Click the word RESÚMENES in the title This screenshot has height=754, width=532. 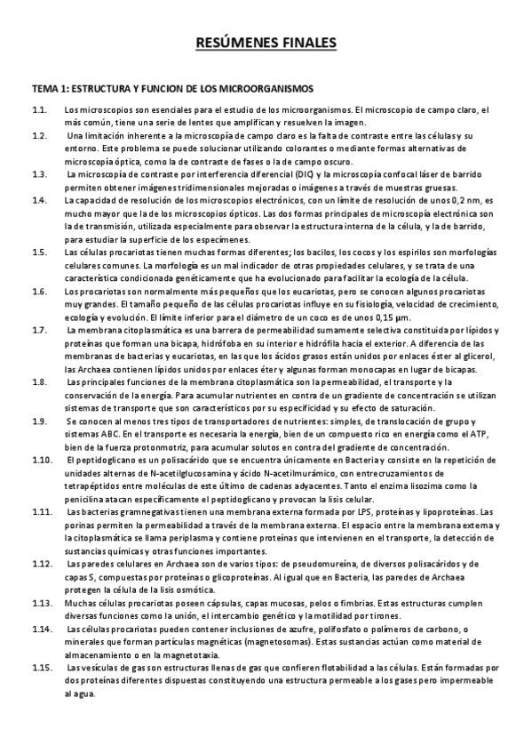pyautogui.click(x=234, y=42)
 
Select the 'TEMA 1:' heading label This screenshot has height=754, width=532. pyautogui.click(x=49, y=90)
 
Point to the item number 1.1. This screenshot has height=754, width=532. pyautogui.click(x=39, y=109)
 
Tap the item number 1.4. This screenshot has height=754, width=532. pyautogui.click(x=39, y=200)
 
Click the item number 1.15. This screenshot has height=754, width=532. pyautogui.click(x=41, y=668)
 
